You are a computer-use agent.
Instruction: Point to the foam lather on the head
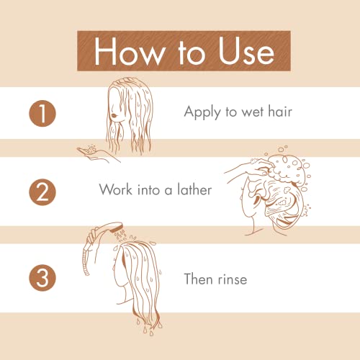pyautogui.click(x=282, y=168)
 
